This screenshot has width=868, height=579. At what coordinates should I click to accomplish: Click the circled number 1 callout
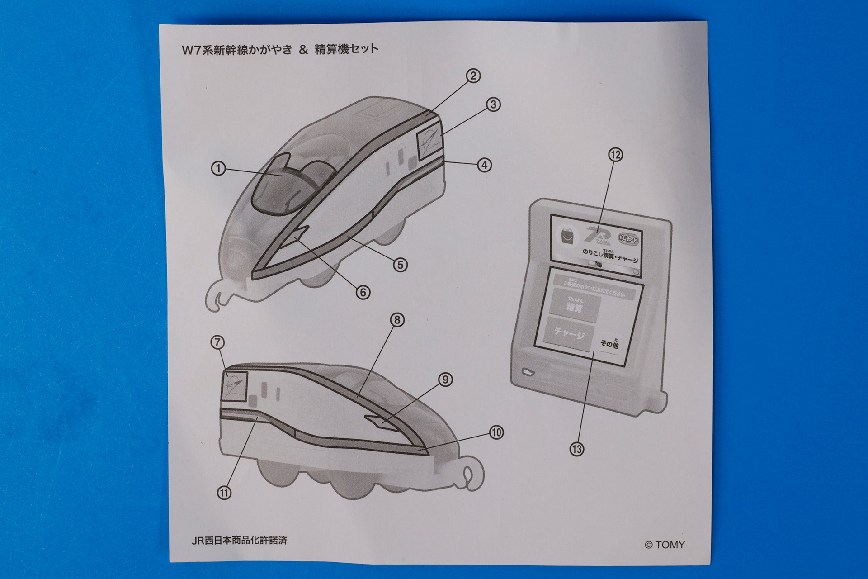pos(218,169)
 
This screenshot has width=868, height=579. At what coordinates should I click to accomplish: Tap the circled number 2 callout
pos(473,76)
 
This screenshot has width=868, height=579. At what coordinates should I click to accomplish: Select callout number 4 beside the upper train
pos(484,165)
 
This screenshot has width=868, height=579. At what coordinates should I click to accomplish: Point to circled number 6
pos(363,293)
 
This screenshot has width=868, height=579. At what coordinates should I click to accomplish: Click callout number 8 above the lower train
pos(397,320)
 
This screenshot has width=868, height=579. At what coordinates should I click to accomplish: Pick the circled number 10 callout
pos(496,432)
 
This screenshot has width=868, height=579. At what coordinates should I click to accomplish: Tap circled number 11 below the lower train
pos(224,493)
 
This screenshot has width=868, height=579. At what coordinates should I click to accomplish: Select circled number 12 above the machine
pos(616,155)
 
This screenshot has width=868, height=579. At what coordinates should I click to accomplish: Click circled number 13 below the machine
pos(577,449)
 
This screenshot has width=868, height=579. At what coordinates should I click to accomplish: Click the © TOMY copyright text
pos(665,545)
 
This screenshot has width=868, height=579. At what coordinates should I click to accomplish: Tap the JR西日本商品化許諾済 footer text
pos(239,541)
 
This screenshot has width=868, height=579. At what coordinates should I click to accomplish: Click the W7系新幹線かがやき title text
pos(237,49)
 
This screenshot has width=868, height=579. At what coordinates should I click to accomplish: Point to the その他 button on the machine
pos(609,344)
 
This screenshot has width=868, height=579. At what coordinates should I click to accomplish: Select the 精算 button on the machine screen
pos(574,307)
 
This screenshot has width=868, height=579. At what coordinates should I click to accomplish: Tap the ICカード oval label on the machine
pos(629,239)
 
